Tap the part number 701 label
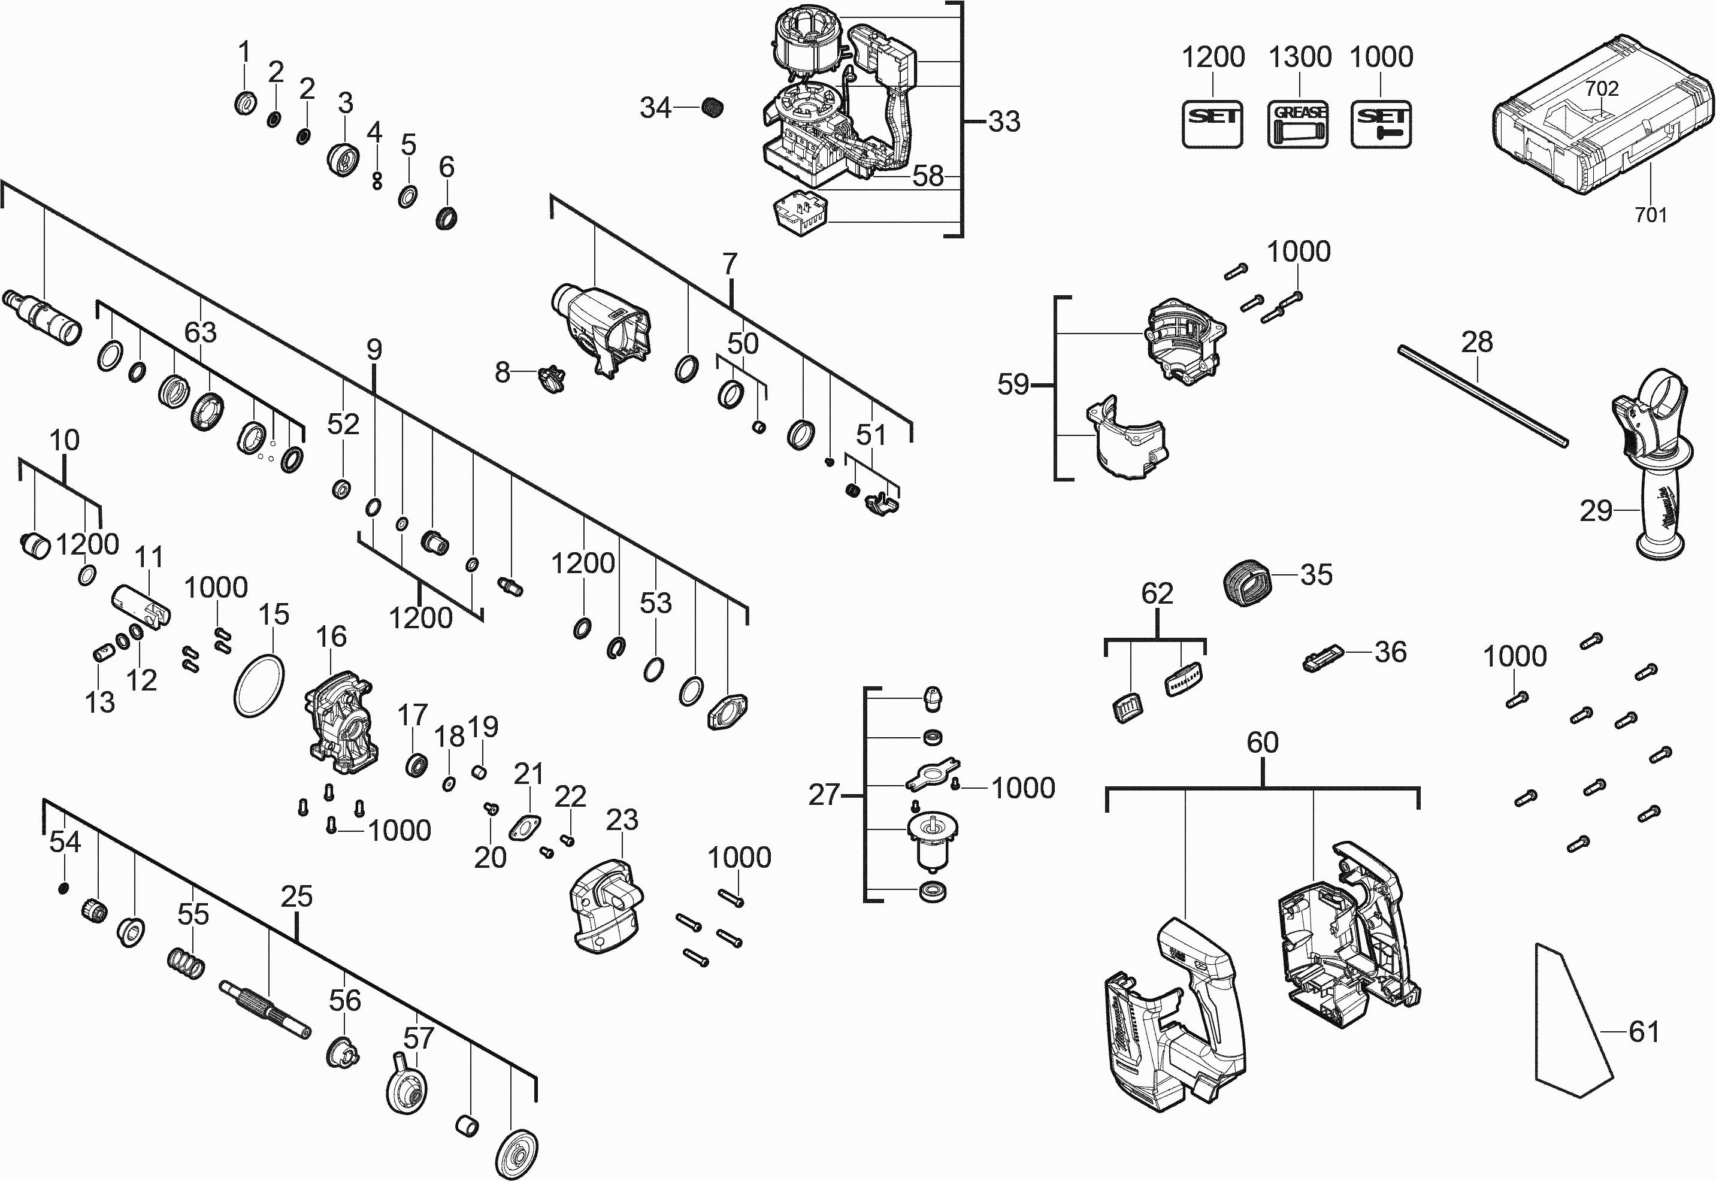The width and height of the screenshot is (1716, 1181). click(x=1650, y=216)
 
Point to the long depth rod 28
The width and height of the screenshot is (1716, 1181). click(x=1482, y=396)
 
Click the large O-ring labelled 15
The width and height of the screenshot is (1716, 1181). click(x=259, y=686)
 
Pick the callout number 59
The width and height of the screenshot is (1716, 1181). click(x=1013, y=384)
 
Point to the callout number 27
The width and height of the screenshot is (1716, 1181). click(x=824, y=795)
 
